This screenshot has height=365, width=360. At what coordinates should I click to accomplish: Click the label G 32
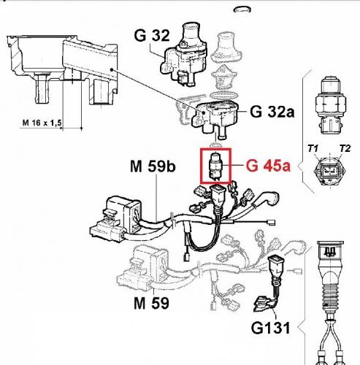pos(152,35)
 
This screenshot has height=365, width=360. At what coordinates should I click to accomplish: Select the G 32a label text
pos(272,112)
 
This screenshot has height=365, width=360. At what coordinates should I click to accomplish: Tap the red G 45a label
pos(268,166)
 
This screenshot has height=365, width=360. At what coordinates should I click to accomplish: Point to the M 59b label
pos(153,166)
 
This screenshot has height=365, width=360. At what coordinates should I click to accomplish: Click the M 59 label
pos(151,303)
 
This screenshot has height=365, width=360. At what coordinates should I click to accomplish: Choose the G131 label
pos(271,328)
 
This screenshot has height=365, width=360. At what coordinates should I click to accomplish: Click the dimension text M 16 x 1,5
pos(42,123)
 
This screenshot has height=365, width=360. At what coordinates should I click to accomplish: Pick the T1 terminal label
pos(313,148)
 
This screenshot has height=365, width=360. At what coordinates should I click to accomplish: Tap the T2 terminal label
pos(345,148)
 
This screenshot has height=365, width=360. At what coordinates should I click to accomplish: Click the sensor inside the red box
pos(215,166)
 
